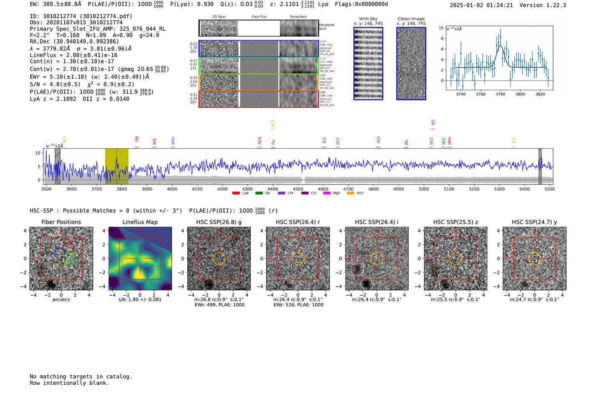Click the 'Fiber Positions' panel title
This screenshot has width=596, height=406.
coord(61,222)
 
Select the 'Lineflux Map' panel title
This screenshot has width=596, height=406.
coord(140,222)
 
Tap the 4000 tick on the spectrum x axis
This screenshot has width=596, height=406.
coord(172,189)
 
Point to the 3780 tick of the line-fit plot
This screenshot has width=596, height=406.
coord(500,94)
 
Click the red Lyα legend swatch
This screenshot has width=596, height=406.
coord(236,193)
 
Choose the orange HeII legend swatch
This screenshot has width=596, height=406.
coord(350,193)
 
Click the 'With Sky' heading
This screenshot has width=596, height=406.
coord(368,19)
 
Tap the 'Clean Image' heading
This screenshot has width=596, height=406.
coord(411,19)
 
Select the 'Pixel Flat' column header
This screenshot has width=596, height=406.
coord(259,17)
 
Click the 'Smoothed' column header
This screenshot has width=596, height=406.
coord(298,17)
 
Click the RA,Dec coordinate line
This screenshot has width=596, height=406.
coord(74,41)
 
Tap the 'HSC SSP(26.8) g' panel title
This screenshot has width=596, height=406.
coord(219,222)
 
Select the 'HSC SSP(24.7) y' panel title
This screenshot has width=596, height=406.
coord(534,222)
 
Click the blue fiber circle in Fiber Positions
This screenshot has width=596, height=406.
coord(60,253)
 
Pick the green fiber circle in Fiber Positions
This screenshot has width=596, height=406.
coord(70,258)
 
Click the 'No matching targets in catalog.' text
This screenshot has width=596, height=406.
coord(81,377)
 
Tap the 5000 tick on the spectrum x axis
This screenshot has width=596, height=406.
coord(424,189)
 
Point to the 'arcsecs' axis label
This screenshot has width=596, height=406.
coord(61,299)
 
